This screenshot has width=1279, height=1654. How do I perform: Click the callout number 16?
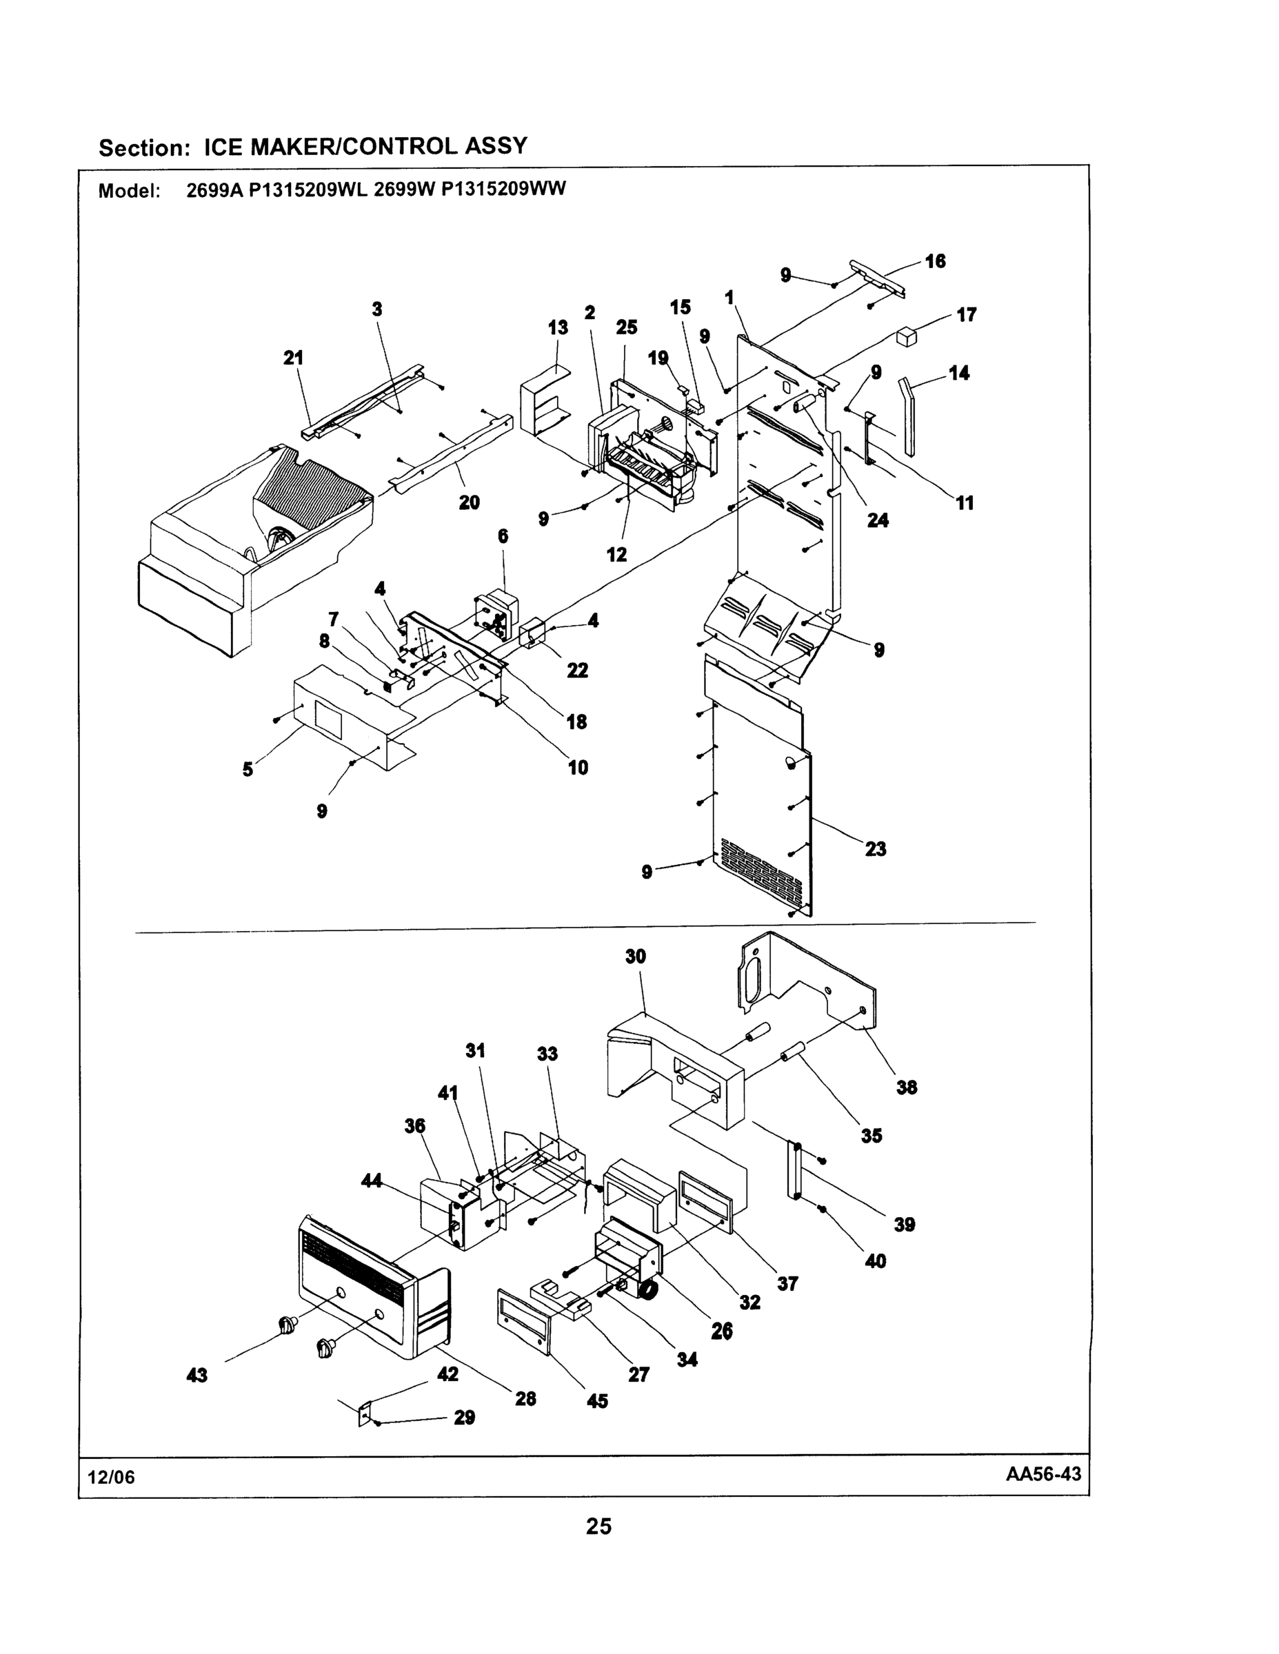[x=935, y=261]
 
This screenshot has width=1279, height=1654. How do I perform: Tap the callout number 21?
[x=293, y=358]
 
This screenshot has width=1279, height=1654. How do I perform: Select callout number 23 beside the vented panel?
[x=875, y=849]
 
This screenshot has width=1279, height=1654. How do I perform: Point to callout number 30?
[x=635, y=957]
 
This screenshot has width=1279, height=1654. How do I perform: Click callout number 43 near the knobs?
[x=197, y=1375]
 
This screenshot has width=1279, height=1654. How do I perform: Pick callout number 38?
[x=906, y=1088]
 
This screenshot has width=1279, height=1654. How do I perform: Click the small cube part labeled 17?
[x=906, y=336]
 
